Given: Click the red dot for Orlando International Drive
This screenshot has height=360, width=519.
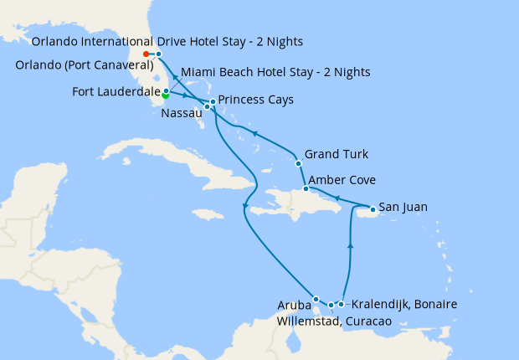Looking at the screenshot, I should (x=146, y=54).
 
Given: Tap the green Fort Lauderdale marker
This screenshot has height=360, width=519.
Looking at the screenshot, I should (x=166, y=95).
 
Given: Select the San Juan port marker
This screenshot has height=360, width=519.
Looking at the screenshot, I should (x=373, y=208).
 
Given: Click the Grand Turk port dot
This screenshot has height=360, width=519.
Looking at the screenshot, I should (x=298, y=162).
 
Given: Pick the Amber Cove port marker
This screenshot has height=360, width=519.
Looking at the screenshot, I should (x=306, y=189).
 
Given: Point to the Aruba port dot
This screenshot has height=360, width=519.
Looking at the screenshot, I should (x=316, y=299).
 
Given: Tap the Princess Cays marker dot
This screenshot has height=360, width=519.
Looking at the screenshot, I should (x=213, y=102).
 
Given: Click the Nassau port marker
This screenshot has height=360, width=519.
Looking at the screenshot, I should (x=207, y=107).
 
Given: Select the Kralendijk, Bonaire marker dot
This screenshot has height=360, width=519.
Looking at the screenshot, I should (x=341, y=304).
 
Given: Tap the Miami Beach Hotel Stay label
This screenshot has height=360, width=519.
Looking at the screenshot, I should (x=275, y=72).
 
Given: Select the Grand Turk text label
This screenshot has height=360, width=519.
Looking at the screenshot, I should (x=337, y=154).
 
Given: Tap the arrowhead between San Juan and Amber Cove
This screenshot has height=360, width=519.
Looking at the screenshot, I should (x=336, y=198).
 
